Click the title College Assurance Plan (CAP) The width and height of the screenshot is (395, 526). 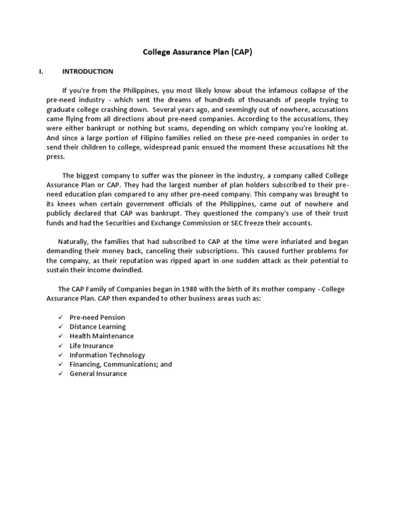(197, 52)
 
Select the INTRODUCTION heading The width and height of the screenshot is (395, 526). (87, 71)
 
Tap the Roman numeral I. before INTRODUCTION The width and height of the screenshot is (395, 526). (41, 71)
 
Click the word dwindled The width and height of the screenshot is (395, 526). (128, 270)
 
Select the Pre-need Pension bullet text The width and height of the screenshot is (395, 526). (97, 317)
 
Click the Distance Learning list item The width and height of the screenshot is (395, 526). (98, 327)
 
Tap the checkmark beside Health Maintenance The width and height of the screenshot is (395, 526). (60, 336)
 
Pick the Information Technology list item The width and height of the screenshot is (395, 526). (107, 355)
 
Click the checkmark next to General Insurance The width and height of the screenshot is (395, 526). (60, 373)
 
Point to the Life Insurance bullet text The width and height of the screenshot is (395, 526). (92, 346)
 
